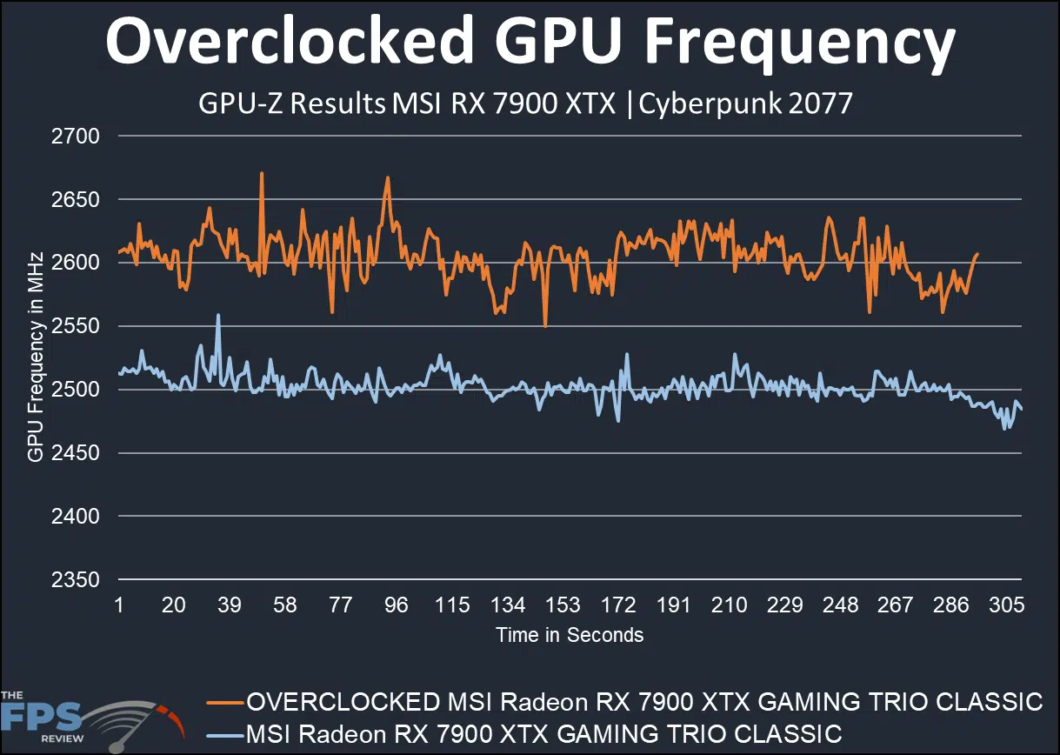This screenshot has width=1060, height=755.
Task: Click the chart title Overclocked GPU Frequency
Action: coord(530,43)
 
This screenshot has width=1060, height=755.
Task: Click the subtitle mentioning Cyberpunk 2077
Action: coord(525,104)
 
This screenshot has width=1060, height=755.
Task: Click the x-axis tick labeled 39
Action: coord(230,605)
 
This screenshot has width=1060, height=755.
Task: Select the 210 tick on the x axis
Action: coord(730,605)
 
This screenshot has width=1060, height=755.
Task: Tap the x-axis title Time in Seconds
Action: coord(570,635)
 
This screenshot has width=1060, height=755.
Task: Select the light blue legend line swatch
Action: coord(224,733)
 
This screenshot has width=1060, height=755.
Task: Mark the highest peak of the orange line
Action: coord(262,172)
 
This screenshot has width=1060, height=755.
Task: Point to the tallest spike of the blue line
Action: coord(218,315)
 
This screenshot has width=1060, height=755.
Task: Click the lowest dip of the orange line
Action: coord(545,326)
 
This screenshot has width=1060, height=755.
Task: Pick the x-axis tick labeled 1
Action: coord(118,605)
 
